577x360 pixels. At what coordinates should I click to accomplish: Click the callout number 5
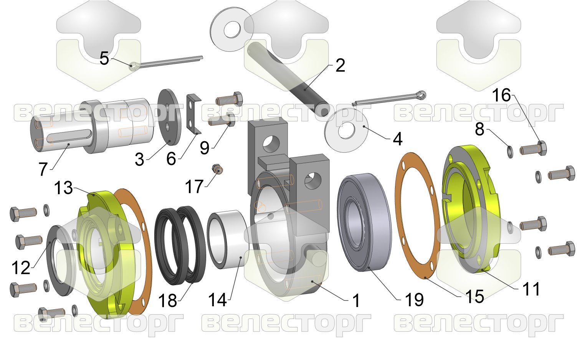[104, 58]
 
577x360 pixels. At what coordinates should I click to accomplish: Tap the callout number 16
[501, 95]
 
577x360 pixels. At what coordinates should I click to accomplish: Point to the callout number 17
[194, 187]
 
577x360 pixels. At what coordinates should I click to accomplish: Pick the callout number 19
[414, 299]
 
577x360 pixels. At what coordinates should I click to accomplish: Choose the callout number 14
[217, 299]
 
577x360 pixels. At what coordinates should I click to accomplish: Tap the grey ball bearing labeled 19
[364, 222]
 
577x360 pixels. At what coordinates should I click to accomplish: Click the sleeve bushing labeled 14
[228, 239]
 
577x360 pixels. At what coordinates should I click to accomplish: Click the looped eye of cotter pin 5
[134, 66]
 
